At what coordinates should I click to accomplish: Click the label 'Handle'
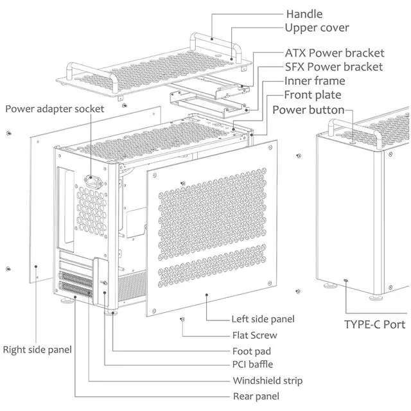point(304,14)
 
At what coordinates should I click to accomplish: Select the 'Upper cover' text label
point(317,28)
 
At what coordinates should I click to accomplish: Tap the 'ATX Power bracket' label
point(335,53)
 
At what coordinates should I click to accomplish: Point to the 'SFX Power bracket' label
point(334,67)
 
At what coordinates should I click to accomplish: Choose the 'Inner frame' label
point(315,81)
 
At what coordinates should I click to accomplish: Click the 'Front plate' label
point(313,95)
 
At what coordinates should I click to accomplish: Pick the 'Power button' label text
point(308,110)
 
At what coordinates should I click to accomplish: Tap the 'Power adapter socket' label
point(55,109)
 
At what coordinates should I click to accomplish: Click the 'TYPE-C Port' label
point(374,324)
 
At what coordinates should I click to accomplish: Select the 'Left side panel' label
point(263,319)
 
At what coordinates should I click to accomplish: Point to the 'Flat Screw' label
point(254,335)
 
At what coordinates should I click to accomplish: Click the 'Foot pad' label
point(252,351)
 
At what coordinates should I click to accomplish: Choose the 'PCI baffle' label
point(252,364)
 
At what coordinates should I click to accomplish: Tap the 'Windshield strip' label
point(268,381)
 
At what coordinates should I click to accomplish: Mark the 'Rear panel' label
point(256,396)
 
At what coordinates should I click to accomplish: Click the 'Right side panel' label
point(37,349)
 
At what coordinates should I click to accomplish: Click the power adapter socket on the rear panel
point(93,181)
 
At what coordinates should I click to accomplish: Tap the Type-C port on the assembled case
point(346,281)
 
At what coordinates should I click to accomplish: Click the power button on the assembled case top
point(353,143)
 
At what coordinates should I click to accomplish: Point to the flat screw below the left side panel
point(182,319)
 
